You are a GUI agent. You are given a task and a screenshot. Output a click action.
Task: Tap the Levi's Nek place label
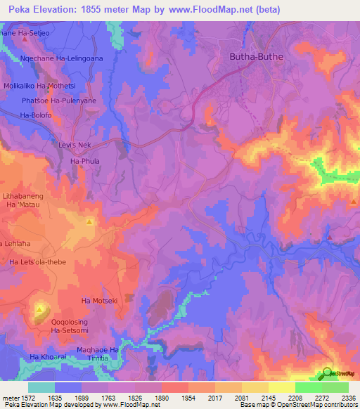(x=74, y=145)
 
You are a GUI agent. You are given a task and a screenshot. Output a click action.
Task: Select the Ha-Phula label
(x=85, y=161)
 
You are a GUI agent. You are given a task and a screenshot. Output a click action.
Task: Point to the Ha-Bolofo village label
(x=37, y=115)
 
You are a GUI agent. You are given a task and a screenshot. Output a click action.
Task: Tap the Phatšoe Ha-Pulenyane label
(x=60, y=100)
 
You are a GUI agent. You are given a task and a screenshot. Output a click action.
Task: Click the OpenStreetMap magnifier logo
(x=328, y=372)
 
